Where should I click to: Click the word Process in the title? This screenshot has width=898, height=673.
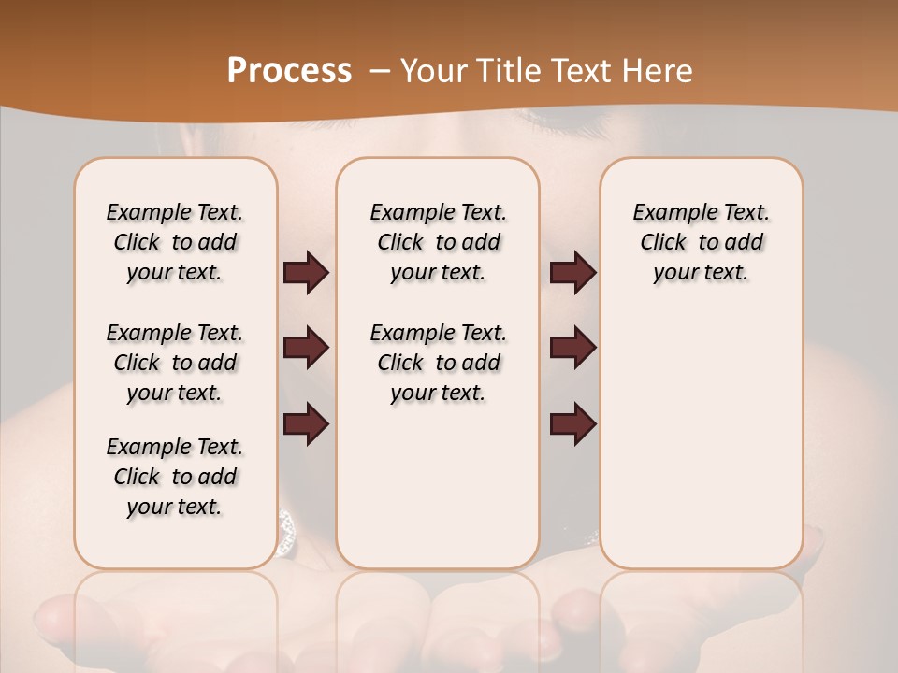pyautogui.click(x=289, y=71)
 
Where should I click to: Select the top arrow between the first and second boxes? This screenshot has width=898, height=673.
pyautogui.click(x=306, y=273)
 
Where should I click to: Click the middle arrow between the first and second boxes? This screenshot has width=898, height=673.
pyautogui.click(x=306, y=348)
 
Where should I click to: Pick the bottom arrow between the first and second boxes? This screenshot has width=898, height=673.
pyautogui.click(x=306, y=423)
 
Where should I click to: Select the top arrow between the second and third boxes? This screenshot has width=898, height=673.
pyautogui.click(x=572, y=273)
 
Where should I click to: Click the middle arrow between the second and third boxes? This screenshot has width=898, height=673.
pyautogui.click(x=572, y=348)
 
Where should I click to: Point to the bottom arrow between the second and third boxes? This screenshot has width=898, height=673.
pyautogui.click(x=572, y=423)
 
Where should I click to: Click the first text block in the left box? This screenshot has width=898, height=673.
pyautogui.click(x=175, y=242)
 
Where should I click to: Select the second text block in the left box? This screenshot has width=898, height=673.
pyautogui.click(x=175, y=363)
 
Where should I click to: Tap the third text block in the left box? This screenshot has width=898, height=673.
pyautogui.click(x=175, y=477)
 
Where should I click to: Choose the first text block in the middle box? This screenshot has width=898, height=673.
pyautogui.click(x=439, y=242)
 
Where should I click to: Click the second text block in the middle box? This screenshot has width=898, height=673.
pyautogui.click(x=439, y=363)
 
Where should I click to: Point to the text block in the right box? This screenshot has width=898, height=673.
pyautogui.click(x=702, y=242)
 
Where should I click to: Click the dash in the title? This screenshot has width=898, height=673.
pyautogui.click(x=379, y=71)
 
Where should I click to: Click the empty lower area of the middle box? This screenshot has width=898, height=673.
pyautogui.click(x=439, y=486)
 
